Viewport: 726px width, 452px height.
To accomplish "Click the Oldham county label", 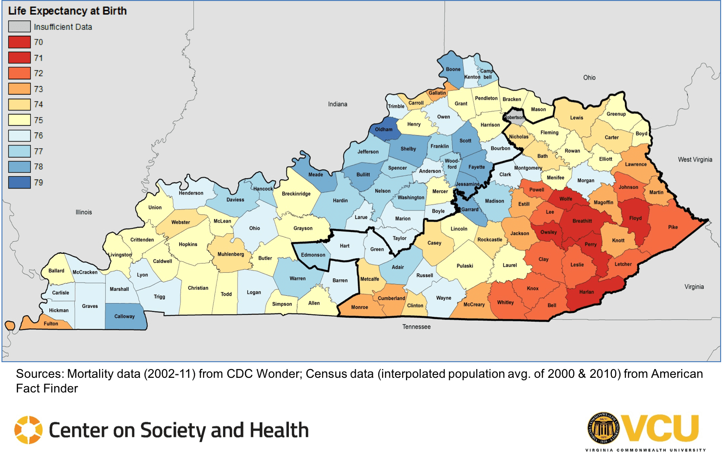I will point(383,129).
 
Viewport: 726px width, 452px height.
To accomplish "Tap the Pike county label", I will point(673,227).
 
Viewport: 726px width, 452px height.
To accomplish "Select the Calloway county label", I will point(124,316).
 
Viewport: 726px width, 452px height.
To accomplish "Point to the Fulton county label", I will point(51,324).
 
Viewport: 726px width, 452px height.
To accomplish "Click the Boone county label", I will point(453,69).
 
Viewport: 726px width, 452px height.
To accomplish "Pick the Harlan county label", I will point(586,292).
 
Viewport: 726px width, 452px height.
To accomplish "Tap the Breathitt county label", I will point(582,221).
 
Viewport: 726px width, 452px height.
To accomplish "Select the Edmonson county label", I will point(313,255).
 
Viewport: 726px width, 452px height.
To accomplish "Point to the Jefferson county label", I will point(368,152).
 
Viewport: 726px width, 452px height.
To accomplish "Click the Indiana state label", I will point(338,104).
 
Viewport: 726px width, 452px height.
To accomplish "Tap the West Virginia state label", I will point(695,160).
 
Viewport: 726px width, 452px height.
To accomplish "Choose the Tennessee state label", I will point(416,327).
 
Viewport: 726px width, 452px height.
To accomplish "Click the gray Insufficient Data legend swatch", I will point(20,27).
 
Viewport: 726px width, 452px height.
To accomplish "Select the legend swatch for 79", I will point(20,183).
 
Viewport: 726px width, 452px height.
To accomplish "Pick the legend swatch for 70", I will point(20,42).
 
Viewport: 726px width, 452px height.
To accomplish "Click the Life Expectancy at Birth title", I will point(67,11).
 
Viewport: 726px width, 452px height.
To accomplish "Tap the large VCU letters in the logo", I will point(662,429).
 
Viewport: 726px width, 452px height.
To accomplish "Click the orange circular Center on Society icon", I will point(28,430).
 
